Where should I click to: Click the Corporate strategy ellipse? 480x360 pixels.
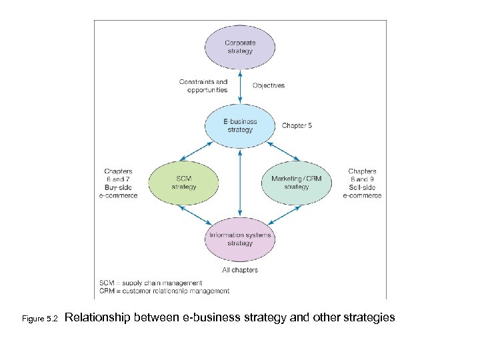click(x=239, y=47)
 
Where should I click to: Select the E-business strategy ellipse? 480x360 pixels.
click(x=240, y=125)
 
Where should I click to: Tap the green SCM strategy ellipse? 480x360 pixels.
click(x=183, y=183)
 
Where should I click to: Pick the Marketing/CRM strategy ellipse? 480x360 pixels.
click(x=296, y=183)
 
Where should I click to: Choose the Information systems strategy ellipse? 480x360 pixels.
click(x=240, y=239)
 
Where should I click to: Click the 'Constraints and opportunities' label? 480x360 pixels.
click(x=203, y=86)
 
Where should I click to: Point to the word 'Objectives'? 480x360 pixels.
click(x=269, y=85)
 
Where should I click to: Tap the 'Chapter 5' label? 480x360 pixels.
click(x=297, y=125)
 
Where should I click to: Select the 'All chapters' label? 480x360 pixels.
click(x=240, y=270)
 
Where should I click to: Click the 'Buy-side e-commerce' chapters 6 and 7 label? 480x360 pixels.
click(x=118, y=183)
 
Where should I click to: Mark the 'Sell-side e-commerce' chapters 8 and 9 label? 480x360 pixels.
click(x=362, y=183)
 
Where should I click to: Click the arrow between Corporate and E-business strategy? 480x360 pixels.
click(x=240, y=86)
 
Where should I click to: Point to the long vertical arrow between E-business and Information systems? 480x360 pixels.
click(x=240, y=183)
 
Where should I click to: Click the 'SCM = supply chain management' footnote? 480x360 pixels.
click(x=150, y=283)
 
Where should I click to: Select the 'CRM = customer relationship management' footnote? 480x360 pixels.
click(x=164, y=291)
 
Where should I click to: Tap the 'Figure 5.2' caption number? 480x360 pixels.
click(x=41, y=319)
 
